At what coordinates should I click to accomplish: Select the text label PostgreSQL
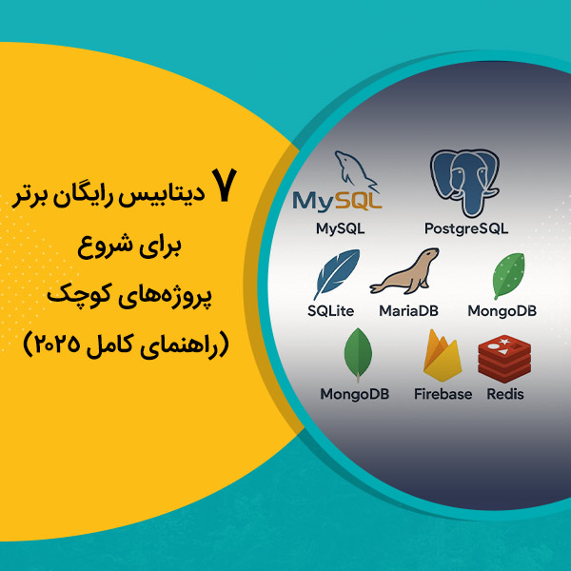[x=466, y=229]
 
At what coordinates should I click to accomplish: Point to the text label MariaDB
[x=408, y=311]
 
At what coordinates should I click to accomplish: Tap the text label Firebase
[x=443, y=393]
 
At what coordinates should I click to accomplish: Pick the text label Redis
[x=505, y=393]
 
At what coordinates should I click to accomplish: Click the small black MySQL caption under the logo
[x=340, y=229]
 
